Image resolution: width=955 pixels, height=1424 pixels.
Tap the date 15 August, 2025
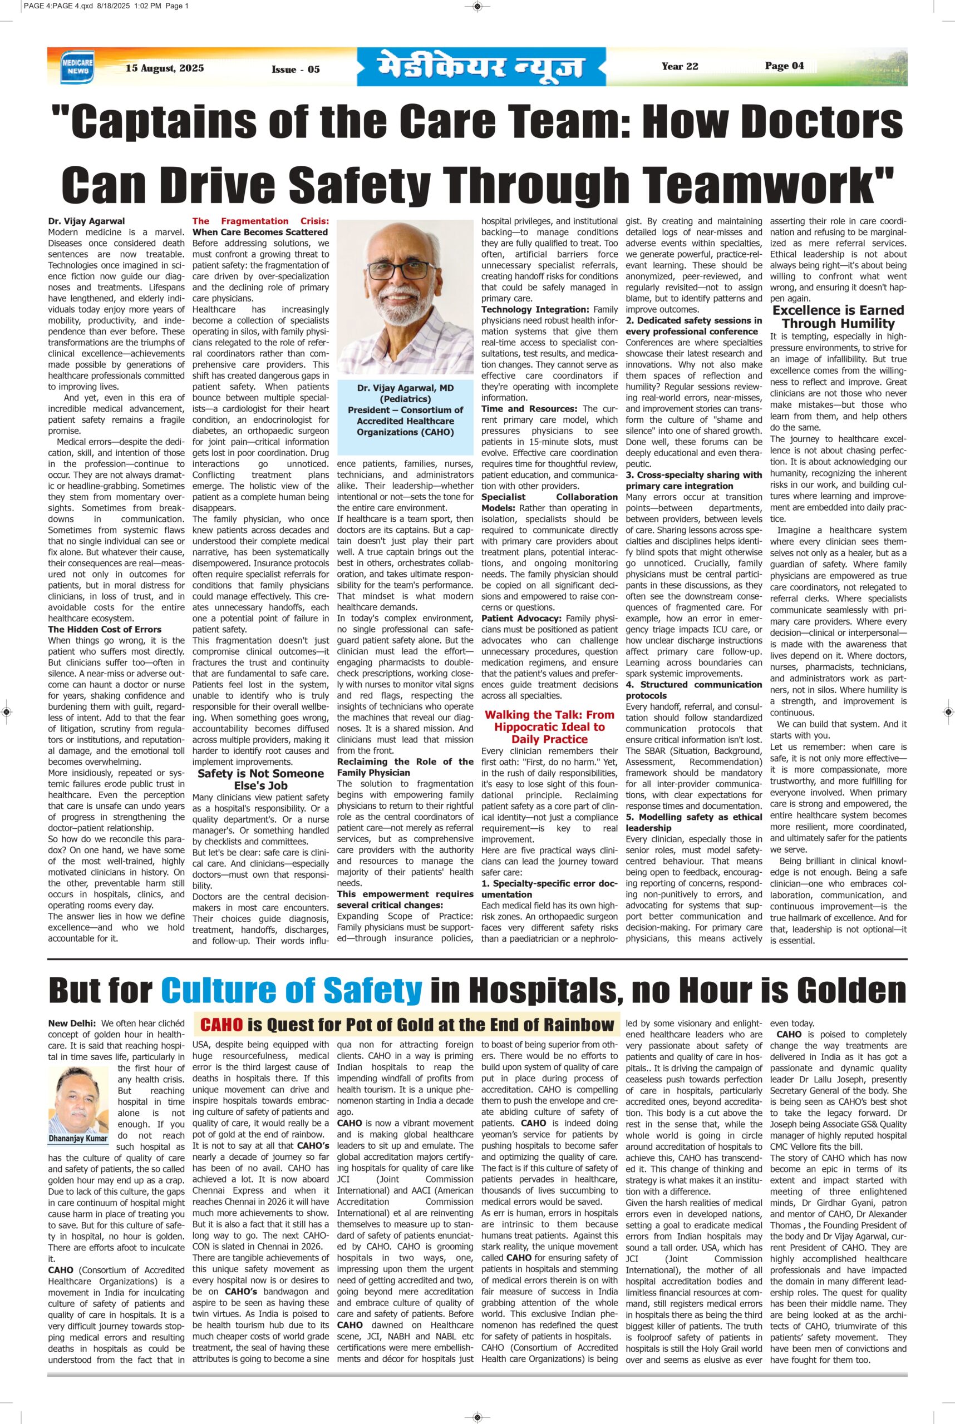click(x=164, y=68)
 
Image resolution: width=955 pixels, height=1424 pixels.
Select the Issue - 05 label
click(x=296, y=70)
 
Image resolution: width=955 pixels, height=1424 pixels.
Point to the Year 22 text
click(x=680, y=66)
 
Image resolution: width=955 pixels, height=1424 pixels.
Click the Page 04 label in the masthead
click(x=785, y=66)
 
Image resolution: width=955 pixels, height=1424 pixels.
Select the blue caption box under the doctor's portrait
click(x=405, y=411)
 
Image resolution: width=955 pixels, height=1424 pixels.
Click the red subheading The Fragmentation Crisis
click(x=260, y=221)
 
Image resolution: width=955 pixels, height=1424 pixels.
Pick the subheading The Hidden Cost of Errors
click(x=105, y=630)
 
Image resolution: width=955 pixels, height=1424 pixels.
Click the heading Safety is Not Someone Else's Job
click(x=260, y=779)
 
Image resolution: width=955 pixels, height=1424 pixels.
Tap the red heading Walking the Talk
click(x=549, y=726)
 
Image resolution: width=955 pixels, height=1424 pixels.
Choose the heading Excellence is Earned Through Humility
click(x=838, y=317)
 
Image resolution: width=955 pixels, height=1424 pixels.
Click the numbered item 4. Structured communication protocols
click(x=694, y=690)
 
